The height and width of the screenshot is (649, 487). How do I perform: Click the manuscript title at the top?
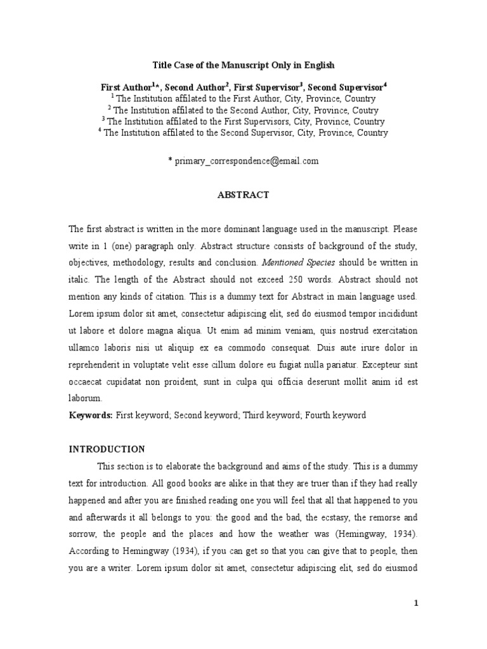(x=243, y=65)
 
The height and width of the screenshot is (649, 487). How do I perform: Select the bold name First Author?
(x=126, y=86)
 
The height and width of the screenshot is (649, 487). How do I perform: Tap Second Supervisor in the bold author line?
(x=345, y=86)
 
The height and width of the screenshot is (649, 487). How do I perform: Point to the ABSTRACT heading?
(x=243, y=195)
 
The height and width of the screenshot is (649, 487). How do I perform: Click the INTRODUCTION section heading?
(x=107, y=449)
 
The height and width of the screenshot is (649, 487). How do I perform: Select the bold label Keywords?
(x=90, y=415)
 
